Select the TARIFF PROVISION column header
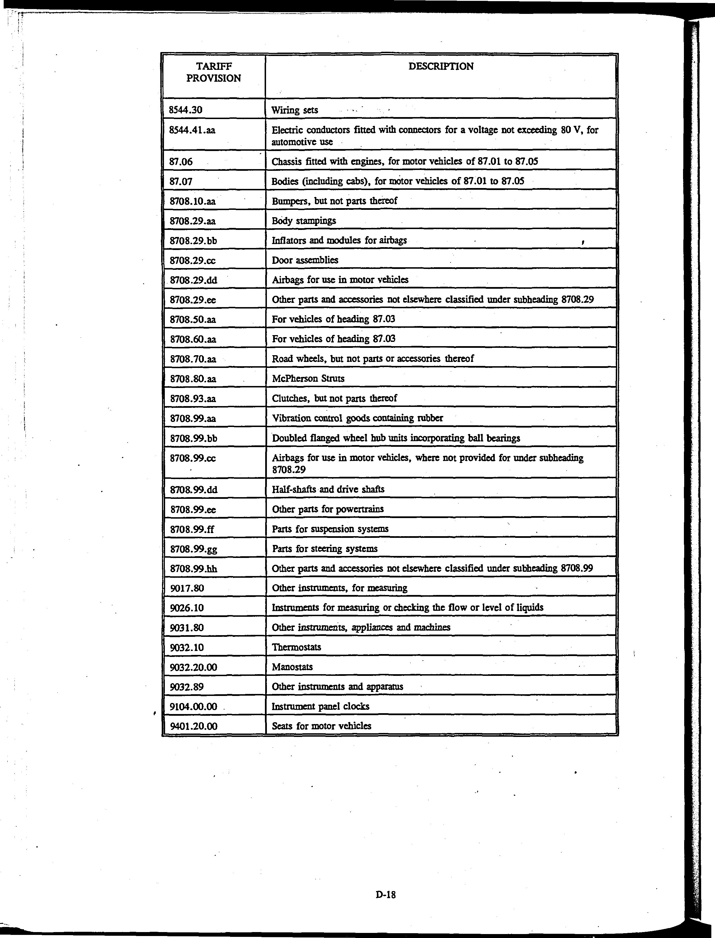pos(214,72)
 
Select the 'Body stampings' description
pos(303,221)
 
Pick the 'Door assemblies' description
pos(305,260)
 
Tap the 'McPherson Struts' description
pos(308,378)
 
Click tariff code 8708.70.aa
pos(193,359)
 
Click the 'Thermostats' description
pos(296,647)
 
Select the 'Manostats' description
pos(292,667)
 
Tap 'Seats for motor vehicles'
pos(321,726)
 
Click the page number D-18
pos(386,894)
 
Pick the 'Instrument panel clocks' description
pos(320,706)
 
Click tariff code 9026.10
pos(186,608)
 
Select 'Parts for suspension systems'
pos(330,529)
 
